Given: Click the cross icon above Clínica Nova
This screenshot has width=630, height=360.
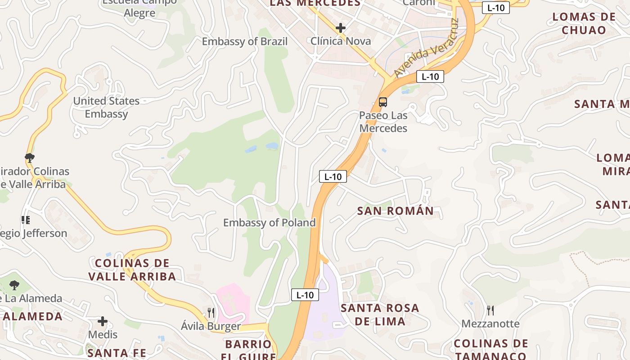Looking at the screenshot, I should point(341,28).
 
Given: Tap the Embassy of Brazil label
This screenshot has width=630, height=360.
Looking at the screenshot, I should point(244,41).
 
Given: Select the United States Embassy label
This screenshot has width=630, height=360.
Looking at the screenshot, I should point(106,107).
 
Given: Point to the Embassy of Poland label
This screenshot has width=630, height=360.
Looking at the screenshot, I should point(269,223).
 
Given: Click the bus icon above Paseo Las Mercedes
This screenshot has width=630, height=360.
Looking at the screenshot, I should point(383,102).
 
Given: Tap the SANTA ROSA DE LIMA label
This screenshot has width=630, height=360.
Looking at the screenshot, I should point(380,315).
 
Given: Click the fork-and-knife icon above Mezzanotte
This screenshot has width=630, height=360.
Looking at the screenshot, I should point(490,310).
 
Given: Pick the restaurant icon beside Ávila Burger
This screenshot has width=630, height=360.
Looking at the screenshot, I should point(211,312).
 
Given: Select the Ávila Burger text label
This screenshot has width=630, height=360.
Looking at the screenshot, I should point(211,326).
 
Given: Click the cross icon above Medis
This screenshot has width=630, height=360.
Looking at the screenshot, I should point(103,321).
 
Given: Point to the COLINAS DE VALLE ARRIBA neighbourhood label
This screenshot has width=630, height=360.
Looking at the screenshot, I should point(132,270).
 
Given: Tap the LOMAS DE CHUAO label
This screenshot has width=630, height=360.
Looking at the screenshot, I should point(584,23).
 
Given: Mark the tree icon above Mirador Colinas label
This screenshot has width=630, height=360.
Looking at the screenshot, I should point(30,157).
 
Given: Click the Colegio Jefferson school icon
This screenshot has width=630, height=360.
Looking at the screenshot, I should point(25,220).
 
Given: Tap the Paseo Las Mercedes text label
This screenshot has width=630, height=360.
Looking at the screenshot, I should point(383,122).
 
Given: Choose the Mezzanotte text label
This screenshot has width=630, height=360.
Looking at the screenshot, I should point(490,324).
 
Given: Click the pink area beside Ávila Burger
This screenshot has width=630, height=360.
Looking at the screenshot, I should point(233,299).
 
